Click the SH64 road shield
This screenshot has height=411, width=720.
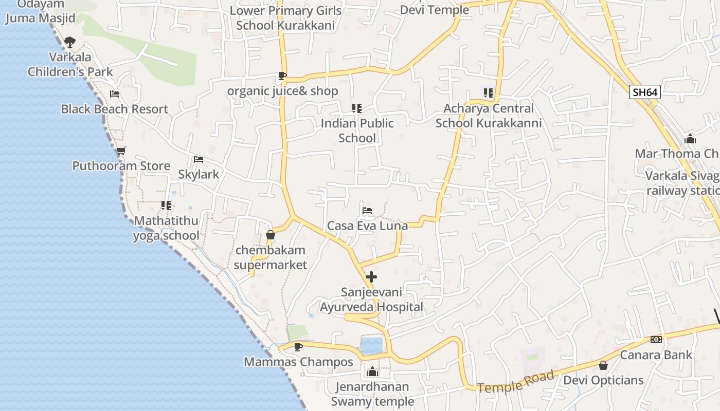coord(645,92)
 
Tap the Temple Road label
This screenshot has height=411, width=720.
coord(516,382)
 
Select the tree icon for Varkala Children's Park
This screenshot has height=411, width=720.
coord(70,42)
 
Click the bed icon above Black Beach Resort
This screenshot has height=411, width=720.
coord(115,94)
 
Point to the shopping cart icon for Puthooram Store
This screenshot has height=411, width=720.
coord(121,151)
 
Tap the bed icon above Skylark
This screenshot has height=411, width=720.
coord(199,159)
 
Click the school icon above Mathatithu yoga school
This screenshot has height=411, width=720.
coord(166,206)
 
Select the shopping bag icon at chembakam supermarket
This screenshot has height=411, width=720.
coord(271,235)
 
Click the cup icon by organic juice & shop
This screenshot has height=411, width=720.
coord(282,76)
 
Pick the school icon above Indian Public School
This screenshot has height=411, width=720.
coord(357,108)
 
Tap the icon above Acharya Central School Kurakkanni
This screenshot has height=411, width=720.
coord(488,93)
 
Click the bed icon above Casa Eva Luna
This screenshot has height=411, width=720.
coord(367,211)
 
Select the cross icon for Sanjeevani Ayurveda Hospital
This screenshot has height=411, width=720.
coord(371,277)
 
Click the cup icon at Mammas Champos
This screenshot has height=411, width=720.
coord(298,347)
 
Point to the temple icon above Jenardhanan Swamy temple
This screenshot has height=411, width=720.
coord(372,371)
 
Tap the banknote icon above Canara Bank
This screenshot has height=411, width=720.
coord(656,340)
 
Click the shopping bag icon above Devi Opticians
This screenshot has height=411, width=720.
coord(603,365)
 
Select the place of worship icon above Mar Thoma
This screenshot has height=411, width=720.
coord(690,139)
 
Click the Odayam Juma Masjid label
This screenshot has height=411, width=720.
coord(40,11)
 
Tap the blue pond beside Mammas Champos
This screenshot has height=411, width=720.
coord(371,346)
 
